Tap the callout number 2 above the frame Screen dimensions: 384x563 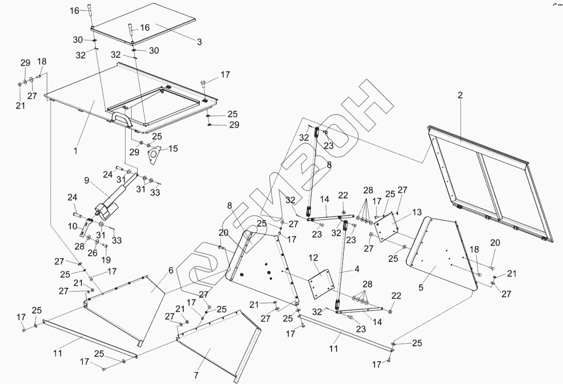460,95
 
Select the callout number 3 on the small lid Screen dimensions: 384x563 199,42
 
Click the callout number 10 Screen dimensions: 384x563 72,225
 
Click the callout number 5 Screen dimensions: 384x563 421,287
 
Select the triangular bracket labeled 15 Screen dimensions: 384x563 154,155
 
